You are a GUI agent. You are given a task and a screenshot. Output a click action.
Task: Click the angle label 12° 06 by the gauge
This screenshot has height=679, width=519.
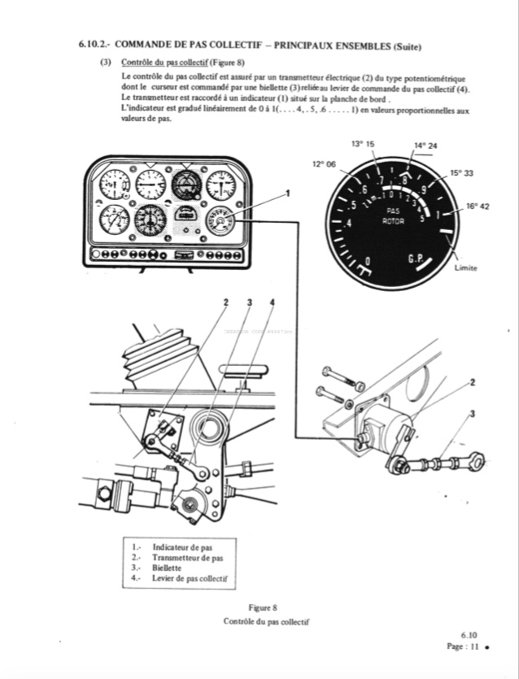pyautogui.click(x=324, y=163)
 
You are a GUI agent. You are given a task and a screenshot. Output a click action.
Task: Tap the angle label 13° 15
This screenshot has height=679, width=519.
pyautogui.click(x=363, y=144)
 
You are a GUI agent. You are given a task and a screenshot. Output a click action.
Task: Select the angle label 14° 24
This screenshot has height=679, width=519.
pyautogui.click(x=425, y=146)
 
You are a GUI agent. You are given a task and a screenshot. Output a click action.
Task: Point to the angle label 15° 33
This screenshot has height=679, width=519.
pyautogui.click(x=461, y=173)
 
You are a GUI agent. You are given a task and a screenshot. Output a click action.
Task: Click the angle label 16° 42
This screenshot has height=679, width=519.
pyautogui.click(x=478, y=207)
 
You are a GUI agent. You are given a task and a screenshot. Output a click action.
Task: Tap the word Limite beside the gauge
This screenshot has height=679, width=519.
pyautogui.click(x=466, y=268)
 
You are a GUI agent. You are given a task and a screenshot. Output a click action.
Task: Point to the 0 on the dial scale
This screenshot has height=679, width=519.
pyautogui.click(x=369, y=261)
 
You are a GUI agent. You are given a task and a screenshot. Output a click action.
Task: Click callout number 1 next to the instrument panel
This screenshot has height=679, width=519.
pyautogui.click(x=287, y=193)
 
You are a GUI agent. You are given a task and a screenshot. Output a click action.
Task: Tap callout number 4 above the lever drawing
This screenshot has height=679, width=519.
pyautogui.click(x=272, y=303)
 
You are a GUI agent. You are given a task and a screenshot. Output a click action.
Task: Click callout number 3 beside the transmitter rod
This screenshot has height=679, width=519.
pyautogui.click(x=472, y=414)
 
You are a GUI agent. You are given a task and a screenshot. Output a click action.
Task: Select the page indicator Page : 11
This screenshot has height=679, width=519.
pyautogui.click(x=461, y=647)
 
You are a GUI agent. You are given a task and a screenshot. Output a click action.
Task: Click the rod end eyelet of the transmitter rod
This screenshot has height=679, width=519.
pyautogui.click(x=477, y=463)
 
